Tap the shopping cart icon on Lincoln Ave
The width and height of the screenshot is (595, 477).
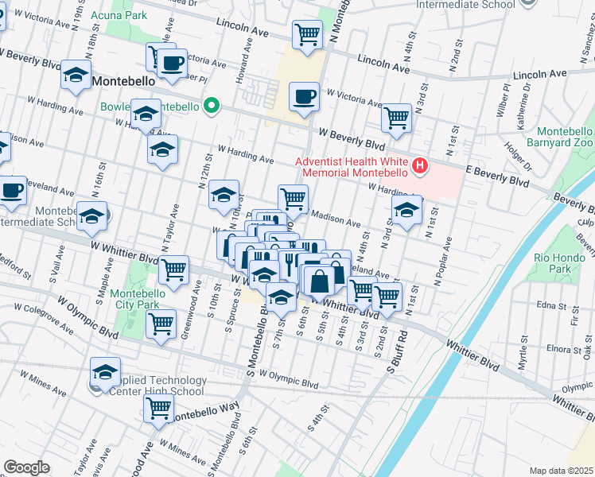[307, 34]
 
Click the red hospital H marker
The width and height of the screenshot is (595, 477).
[420, 165]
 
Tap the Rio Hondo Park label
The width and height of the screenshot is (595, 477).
[554, 263]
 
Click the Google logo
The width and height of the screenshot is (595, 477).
[26, 467]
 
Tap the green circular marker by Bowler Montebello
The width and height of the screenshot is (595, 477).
[211, 107]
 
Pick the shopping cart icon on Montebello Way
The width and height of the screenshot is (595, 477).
[158, 409]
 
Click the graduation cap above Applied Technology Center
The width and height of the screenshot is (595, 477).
[105, 371]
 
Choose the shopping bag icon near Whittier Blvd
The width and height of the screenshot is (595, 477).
[319, 281]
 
